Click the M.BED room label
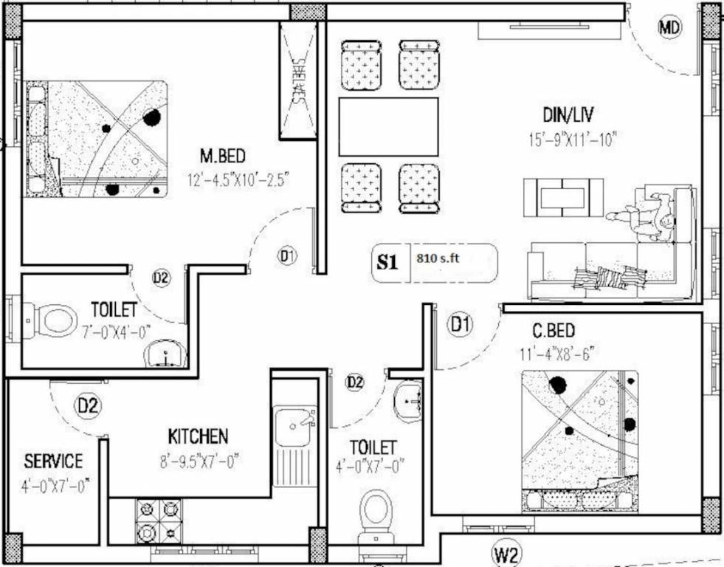click(222, 157)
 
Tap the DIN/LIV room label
click(568, 115)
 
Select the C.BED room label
click(555, 330)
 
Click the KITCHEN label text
click(198, 436)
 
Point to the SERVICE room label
click(53, 461)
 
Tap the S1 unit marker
click(387, 261)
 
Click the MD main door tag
click(669, 29)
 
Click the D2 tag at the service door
click(89, 405)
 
